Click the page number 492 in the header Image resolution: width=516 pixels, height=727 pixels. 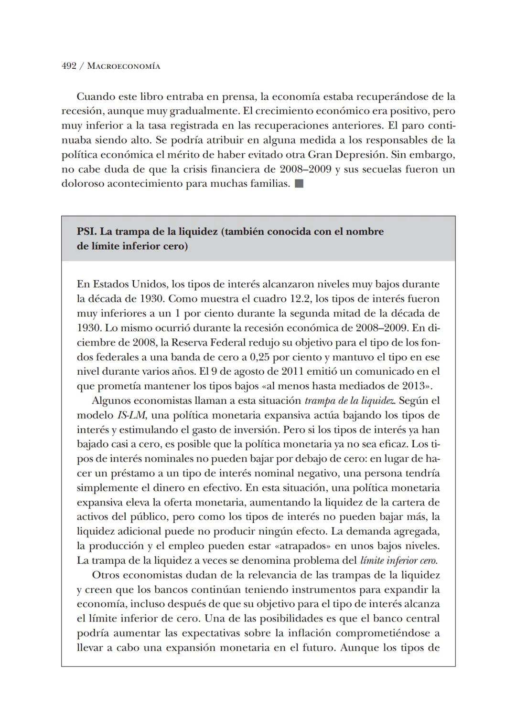(x=69, y=66)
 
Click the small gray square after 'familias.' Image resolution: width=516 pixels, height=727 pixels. (x=299, y=184)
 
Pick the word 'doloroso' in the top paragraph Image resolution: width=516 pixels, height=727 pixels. (x=80, y=184)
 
